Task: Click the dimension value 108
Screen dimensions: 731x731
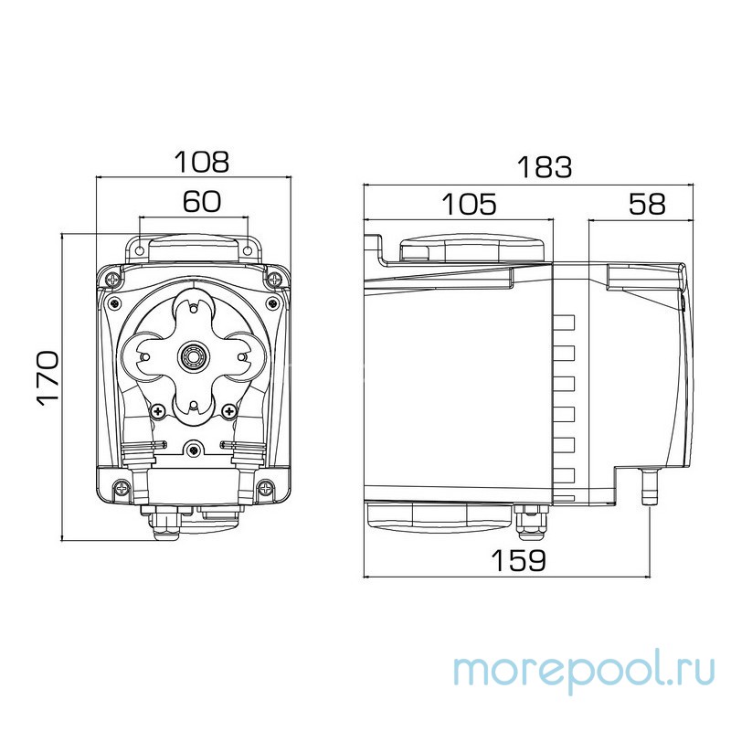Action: (x=202, y=162)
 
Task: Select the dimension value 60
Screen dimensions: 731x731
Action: (x=201, y=202)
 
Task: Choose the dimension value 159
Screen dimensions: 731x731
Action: (x=517, y=559)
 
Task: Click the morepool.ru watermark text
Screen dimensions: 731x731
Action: (x=586, y=669)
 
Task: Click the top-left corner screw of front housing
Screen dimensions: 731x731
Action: (x=111, y=277)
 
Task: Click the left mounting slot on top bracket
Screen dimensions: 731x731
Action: (x=139, y=247)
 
